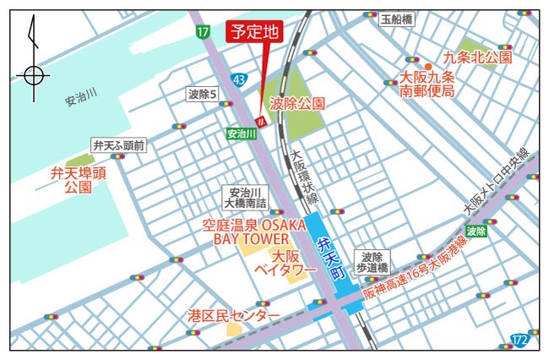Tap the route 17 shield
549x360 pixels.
202,32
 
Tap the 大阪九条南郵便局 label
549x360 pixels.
427,84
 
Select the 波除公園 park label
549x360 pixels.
297,103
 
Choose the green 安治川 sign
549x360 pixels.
241,134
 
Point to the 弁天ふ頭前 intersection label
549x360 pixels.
119,145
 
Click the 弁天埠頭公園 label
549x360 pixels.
77,180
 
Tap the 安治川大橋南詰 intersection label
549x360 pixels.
245,198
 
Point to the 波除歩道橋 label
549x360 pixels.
372,261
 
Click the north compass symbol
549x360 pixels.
32,74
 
